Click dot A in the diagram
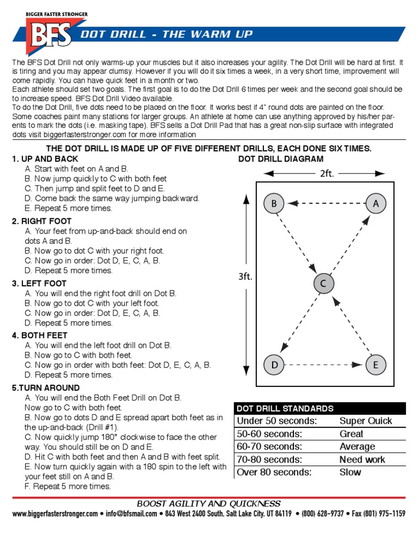tap(376, 204)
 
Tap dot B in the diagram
tap(274, 204)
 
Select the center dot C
tap(323, 284)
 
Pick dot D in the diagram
tap(274, 365)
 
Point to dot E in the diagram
tap(376, 365)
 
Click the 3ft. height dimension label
tap(245, 276)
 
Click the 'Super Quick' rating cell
tap(365, 421)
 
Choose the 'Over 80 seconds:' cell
tap(274, 472)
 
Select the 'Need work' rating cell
tap(362, 459)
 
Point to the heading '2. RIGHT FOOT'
tap(42, 222)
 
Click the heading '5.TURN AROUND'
tap(46, 388)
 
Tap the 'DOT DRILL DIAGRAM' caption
tap(281, 159)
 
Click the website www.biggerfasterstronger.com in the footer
tap(55, 514)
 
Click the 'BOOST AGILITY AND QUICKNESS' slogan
tap(209, 504)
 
